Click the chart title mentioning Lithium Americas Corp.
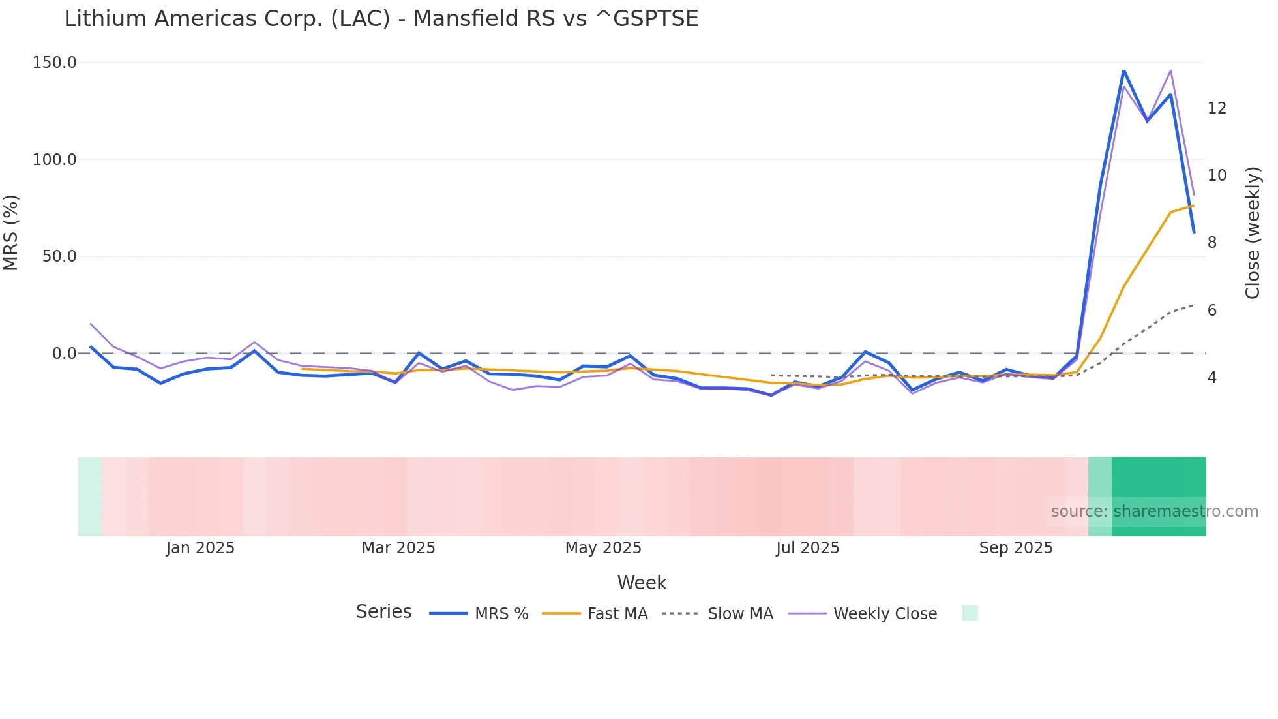click(381, 19)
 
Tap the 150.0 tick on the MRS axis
click(55, 63)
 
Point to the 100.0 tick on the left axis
click(55, 160)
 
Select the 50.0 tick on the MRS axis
click(59, 256)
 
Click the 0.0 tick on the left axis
click(65, 354)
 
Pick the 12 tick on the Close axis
click(1217, 108)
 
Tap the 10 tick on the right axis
click(1217, 176)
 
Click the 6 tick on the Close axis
click(1211, 311)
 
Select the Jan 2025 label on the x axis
click(200, 548)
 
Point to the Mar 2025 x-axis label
click(398, 548)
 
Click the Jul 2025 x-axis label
click(807, 548)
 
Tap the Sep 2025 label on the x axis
click(1016, 548)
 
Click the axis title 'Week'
click(642, 583)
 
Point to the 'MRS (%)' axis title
click(11, 233)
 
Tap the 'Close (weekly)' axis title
click(1253, 233)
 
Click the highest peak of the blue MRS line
click(1123, 70)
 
